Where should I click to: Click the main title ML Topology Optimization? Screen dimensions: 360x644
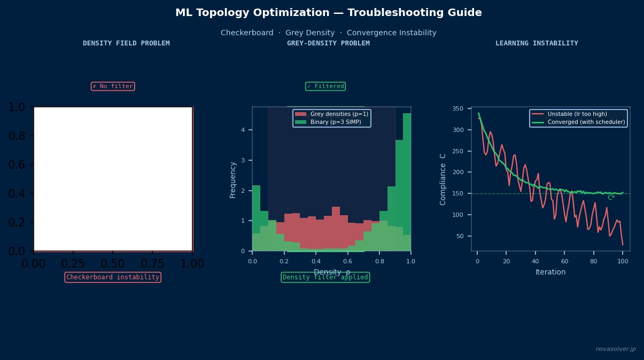point(328,13)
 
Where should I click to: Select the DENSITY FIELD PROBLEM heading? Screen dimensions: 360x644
point(126,43)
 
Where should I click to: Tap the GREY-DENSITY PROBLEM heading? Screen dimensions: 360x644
point(328,43)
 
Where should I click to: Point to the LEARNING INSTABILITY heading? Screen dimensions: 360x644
point(537,43)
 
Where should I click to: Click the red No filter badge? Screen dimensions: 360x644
point(112,87)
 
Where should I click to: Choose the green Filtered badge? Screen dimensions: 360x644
point(325,87)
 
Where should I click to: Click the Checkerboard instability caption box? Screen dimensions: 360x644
point(112,277)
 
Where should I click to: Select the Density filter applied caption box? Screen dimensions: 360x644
point(325,277)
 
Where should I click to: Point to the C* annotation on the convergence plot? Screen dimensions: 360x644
point(611,198)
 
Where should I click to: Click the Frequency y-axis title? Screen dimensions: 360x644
point(233,179)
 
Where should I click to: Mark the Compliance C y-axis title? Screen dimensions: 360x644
point(443,179)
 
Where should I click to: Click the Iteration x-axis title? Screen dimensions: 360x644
point(550,272)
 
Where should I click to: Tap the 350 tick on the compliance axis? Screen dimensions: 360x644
point(457,108)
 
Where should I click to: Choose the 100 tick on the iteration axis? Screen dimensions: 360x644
point(623,261)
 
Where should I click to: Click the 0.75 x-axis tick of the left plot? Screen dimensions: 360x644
point(153,263)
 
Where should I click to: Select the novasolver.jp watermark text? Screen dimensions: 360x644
point(616,349)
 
